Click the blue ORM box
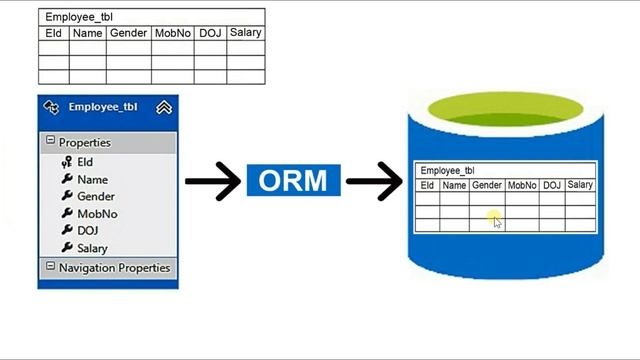click(293, 181)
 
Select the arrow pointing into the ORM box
click(212, 182)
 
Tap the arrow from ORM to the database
click(373, 182)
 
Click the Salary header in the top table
click(245, 33)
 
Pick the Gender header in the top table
click(128, 33)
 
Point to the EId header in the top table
click(54, 33)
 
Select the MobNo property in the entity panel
click(97, 214)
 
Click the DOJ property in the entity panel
click(87, 231)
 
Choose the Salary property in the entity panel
click(92, 248)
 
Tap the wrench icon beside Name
click(67, 180)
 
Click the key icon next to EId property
click(67, 162)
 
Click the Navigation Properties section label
click(114, 268)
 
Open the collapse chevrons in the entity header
click(164, 107)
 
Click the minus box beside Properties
click(50, 142)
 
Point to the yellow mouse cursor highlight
click(495, 219)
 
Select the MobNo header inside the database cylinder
click(522, 185)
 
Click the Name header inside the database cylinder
click(454, 185)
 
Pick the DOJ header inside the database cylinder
click(552, 185)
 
